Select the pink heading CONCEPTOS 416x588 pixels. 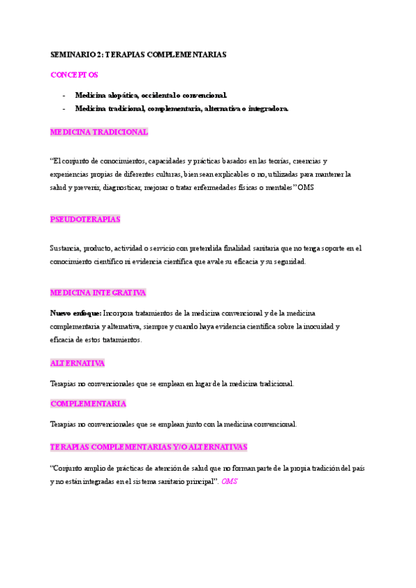pyautogui.click(x=74, y=74)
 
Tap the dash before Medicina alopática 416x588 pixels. pyautogui.click(x=64, y=95)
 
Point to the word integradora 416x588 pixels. pyautogui.click(x=266, y=108)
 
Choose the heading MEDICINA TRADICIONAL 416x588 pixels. pyautogui.click(x=99, y=131)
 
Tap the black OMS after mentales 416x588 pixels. pyautogui.click(x=306, y=187)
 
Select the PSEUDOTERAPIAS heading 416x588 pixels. pyautogui.click(x=85, y=219)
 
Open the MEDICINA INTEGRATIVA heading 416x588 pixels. pyautogui.click(x=98, y=293)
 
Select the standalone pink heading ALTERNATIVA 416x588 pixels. pyautogui.click(x=78, y=363)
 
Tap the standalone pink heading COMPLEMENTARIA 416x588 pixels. pyautogui.click(x=88, y=403)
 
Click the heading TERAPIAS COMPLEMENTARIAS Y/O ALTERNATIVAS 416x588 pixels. pyautogui.click(x=148, y=447)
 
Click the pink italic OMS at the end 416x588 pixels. pyautogui.click(x=229, y=481)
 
